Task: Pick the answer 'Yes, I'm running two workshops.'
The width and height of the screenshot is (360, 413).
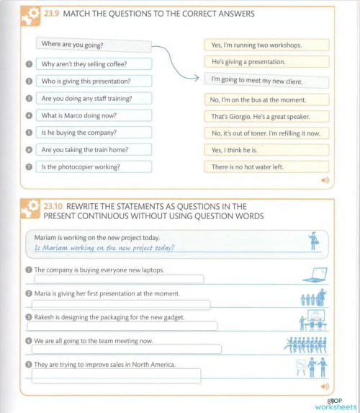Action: pos(266,45)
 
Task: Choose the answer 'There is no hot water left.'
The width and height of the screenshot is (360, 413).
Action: pos(266,167)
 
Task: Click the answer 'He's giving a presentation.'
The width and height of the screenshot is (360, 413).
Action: pos(266,62)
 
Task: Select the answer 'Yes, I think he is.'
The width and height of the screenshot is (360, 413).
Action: pos(266,150)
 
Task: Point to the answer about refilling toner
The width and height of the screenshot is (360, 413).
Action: pos(266,133)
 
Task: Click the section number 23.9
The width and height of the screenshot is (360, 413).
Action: pos(54,14)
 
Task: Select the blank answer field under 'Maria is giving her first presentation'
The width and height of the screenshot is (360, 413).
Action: pos(120,305)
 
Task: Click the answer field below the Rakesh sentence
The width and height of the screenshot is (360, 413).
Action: pos(124,327)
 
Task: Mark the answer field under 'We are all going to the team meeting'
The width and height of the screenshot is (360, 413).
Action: pos(126,350)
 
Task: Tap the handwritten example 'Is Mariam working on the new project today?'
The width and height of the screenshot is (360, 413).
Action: pos(105,249)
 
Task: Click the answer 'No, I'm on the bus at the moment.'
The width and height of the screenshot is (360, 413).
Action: pos(266,99)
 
